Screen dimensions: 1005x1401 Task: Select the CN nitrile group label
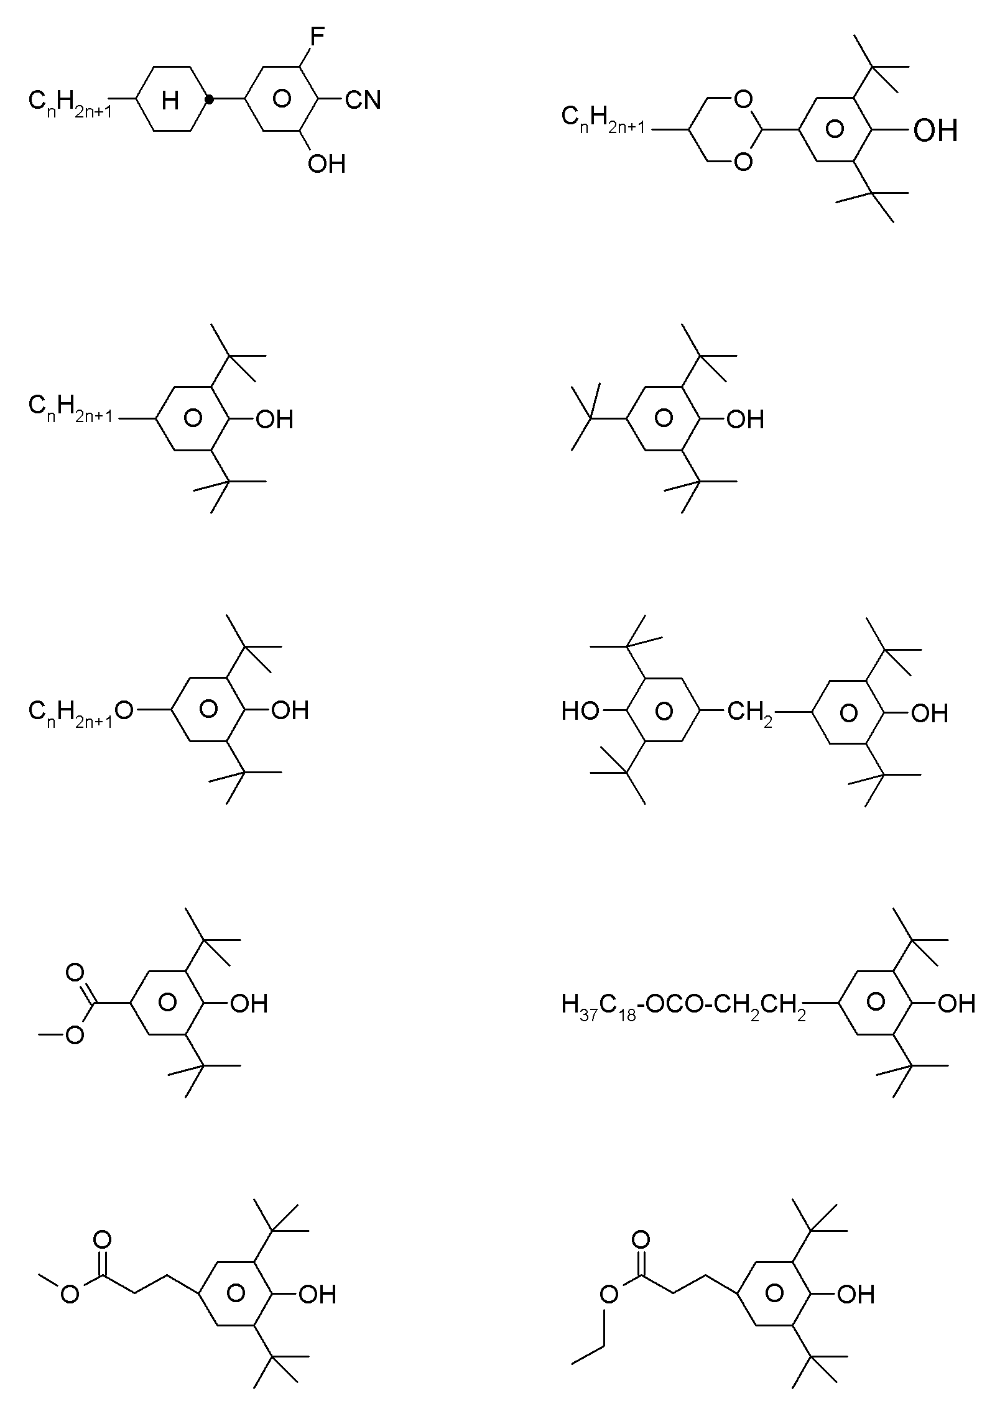tap(363, 99)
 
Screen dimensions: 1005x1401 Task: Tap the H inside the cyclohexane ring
tap(170, 99)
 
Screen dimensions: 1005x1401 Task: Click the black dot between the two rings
tap(210, 99)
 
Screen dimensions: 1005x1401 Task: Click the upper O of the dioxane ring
tap(742, 99)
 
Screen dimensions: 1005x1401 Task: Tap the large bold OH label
tap(935, 131)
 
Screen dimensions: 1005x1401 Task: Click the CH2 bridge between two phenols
tap(750, 712)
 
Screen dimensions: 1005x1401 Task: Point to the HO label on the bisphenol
tap(580, 711)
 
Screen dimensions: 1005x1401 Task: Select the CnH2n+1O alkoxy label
tap(81, 711)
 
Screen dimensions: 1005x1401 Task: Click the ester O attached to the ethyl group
tap(609, 1295)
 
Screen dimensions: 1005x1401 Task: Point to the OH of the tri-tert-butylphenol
tap(746, 420)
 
